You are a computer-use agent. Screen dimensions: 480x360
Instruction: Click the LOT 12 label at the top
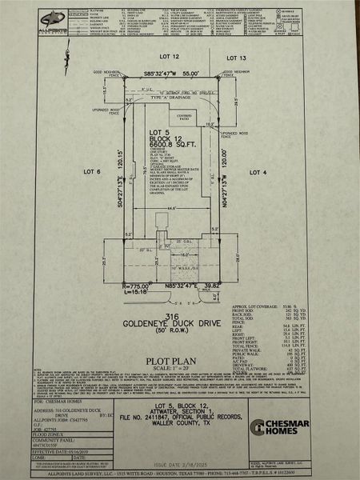pyautogui.click(x=170, y=58)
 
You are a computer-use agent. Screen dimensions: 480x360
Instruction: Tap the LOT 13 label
pyautogui.click(x=237, y=58)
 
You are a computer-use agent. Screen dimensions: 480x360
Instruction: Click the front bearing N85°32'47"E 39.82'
pyautogui.click(x=183, y=285)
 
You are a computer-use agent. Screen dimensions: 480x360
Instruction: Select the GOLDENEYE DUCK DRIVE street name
pyautogui.click(x=170, y=325)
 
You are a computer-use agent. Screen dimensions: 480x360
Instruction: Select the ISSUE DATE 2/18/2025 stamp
pyautogui.click(x=178, y=463)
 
